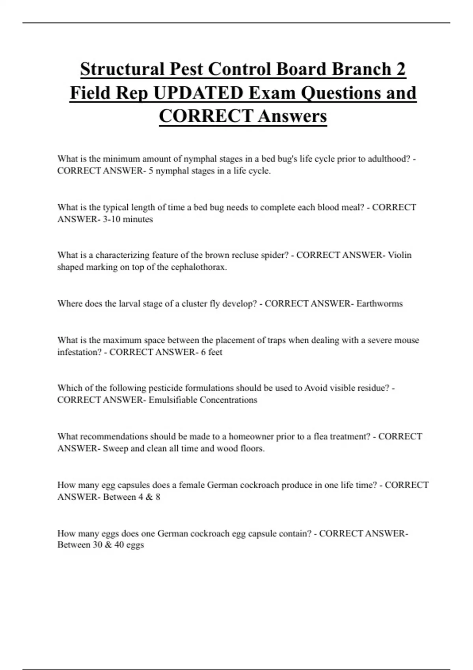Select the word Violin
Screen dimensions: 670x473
pyautogui.click(x=400, y=255)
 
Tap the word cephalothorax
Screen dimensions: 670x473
pyautogui.click(x=199, y=267)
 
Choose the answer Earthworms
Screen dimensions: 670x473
pyautogui.click(x=379, y=303)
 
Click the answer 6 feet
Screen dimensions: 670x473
pyautogui.click(x=211, y=352)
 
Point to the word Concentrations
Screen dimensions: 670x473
pyautogui.click(x=228, y=400)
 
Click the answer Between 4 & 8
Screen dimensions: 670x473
pyautogui.click(x=131, y=497)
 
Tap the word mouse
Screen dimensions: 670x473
pyautogui.click(x=407, y=340)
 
